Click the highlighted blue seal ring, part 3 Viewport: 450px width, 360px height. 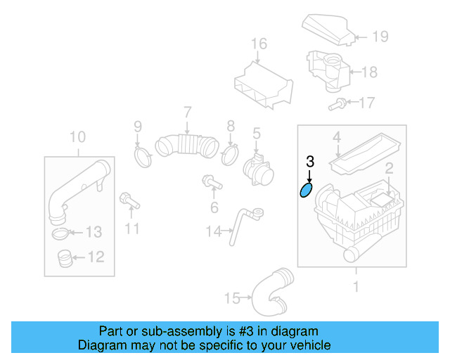(x=307, y=190)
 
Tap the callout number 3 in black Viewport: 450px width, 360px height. (x=310, y=162)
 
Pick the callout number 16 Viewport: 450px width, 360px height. (x=259, y=44)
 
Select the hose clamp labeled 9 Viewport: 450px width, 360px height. (x=144, y=155)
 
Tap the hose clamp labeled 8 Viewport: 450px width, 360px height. (x=229, y=153)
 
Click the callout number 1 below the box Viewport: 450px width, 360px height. (x=355, y=286)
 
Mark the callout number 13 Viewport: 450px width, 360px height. (x=94, y=232)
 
